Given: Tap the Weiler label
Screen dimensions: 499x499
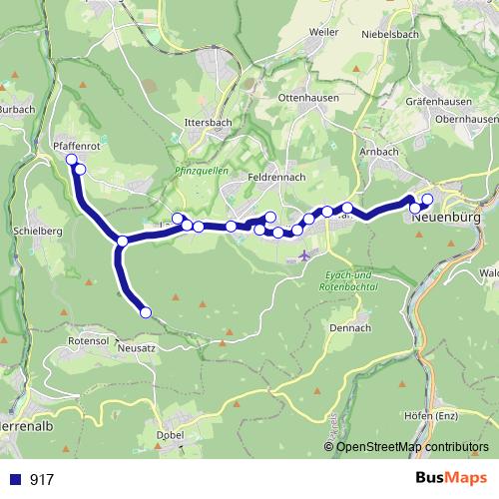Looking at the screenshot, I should tap(325, 32).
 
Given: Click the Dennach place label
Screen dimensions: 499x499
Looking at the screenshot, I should tap(350, 327).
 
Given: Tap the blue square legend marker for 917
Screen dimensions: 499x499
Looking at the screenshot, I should tap(14, 479).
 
